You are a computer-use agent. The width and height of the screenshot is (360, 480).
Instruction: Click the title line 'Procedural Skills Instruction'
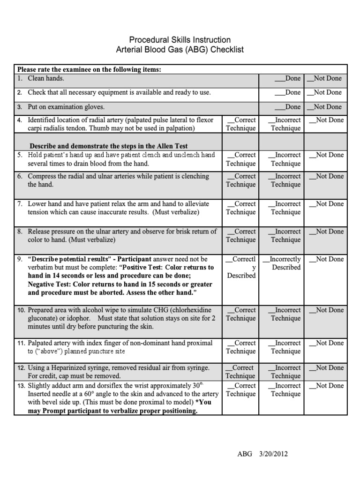pos(180,40)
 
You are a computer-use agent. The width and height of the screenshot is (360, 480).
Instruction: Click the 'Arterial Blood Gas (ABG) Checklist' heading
pos(180,50)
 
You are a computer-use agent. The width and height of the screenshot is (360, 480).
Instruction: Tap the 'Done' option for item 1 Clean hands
pos(287,78)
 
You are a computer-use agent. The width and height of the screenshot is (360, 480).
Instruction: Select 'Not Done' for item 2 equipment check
pos(324,92)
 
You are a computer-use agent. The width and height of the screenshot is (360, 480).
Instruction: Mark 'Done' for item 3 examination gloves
pos(287,107)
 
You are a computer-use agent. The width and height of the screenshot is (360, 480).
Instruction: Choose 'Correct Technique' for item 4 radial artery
pos(241,124)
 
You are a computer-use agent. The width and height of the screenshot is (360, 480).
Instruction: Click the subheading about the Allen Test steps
pos(109,146)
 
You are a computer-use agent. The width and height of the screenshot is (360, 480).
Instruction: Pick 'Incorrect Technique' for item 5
pos(285,159)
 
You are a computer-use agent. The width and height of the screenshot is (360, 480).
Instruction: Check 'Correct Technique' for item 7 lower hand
pos(241,208)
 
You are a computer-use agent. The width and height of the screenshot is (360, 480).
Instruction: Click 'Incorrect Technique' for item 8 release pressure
pos(285,235)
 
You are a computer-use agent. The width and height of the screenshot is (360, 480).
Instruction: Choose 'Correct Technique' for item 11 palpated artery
pos(241,347)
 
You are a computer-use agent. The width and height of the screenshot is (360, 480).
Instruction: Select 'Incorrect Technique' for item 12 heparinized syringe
pos(285,372)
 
